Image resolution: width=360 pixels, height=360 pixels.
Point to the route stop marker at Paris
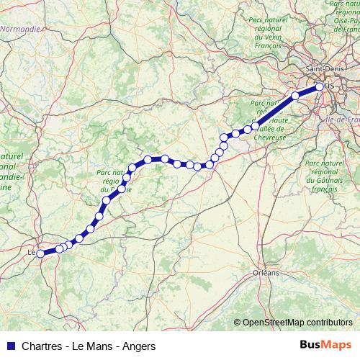(320, 87)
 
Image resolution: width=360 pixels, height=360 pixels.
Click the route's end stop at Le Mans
(40, 253)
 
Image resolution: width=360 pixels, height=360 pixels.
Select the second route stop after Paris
(256, 125)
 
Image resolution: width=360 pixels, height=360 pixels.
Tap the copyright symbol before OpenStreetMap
(237, 323)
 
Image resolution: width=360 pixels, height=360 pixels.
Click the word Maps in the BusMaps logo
(337, 346)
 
